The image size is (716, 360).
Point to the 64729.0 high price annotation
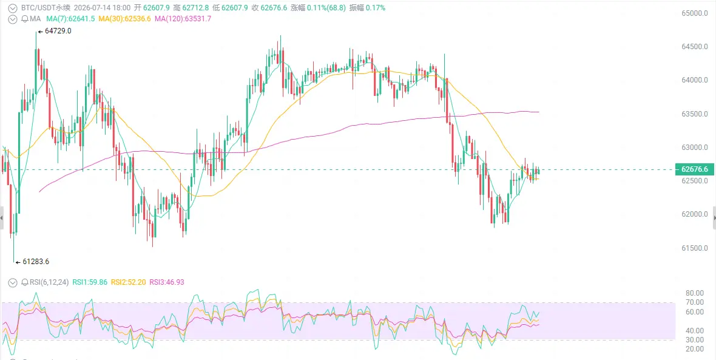click(58, 31)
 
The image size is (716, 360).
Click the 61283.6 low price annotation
click(36, 262)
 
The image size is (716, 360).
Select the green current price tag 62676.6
click(694, 169)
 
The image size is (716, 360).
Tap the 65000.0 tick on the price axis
click(695, 13)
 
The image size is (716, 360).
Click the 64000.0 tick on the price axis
click(695, 80)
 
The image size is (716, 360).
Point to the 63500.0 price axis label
click(695, 114)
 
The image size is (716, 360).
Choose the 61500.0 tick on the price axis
click(695, 248)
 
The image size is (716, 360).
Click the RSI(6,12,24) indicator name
click(49, 282)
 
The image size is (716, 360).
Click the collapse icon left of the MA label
click(14, 19)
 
